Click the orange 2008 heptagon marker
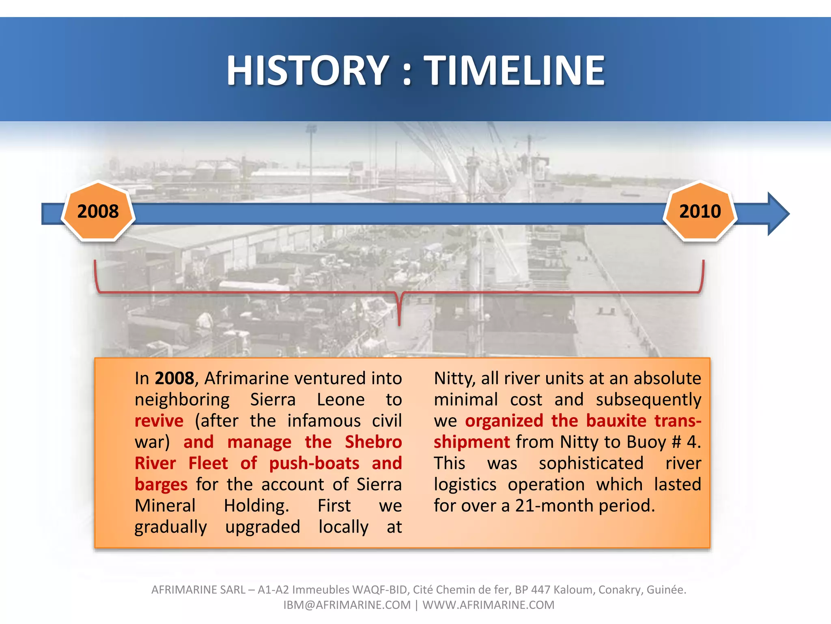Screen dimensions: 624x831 tap(98, 212)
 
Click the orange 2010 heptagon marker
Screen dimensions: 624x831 tap(700, 212)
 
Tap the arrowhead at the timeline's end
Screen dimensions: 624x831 tap(777, 214)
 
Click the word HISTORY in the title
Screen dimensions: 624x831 tap(308, 71)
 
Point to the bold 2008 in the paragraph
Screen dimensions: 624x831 tap(174, 379)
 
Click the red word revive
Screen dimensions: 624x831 tap(159, 421)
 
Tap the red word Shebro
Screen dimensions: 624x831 tap(373, 442)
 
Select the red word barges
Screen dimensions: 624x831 tap(161, 485)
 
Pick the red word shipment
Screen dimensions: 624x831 tap(471, 442)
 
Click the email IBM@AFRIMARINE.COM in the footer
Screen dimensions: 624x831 tap(347, 605)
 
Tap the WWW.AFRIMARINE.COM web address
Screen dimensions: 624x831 tap(488, 605)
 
